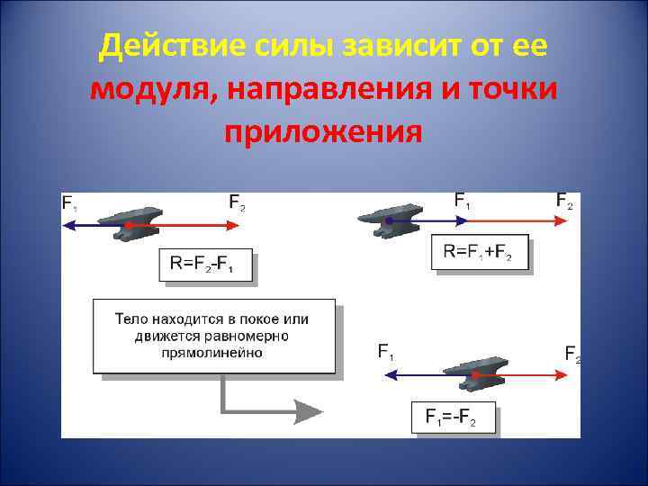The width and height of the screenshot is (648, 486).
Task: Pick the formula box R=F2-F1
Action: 206,265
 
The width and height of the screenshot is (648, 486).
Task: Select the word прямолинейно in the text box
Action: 214,352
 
